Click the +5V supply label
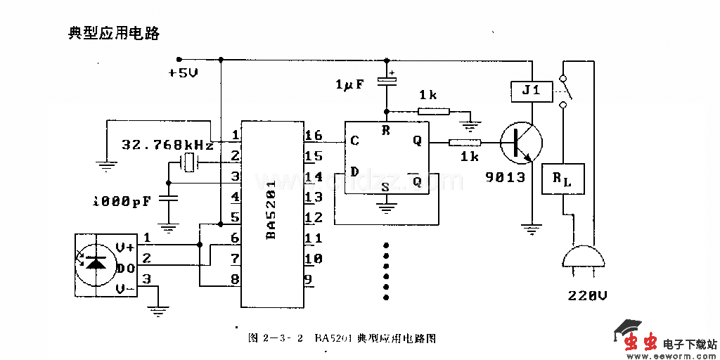(x=184, y=72)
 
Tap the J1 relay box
(x=532, y=91)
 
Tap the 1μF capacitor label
(x=349, y=84)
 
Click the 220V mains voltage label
(x=587, y=295)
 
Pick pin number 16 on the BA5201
(x=313, y=136)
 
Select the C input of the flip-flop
(x=354, y=141)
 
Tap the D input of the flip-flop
(x=354, y=172)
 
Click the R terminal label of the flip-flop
(x=385, y=130)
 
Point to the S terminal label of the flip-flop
(x=385, y=186)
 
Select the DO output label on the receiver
(x=125, y=268)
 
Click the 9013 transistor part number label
(x=505, y=177)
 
